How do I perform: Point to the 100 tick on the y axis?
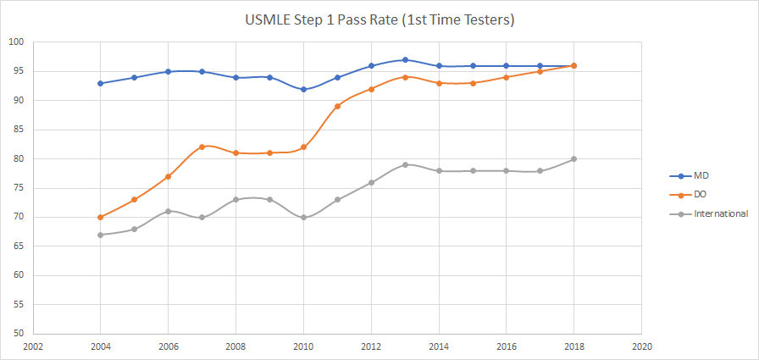click(x=17, y=42)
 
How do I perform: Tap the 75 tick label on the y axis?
click(x=17, y=188)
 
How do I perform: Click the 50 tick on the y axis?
click(x=17, y=334)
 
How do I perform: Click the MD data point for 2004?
click(x=101, y=83)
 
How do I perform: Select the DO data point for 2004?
click(x=101, y=218)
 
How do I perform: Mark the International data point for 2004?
click(x=101, y=235)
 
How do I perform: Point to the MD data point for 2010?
click(x=303, y=89)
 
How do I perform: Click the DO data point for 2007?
click(x=202, y=147)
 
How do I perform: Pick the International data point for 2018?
click(x=574, y=159)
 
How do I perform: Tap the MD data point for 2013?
click(x=405, y=60)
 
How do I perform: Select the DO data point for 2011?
click(x=337, y=107)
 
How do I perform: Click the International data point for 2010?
click(x=303, y=218)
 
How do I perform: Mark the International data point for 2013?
click(x=405, y=164)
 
